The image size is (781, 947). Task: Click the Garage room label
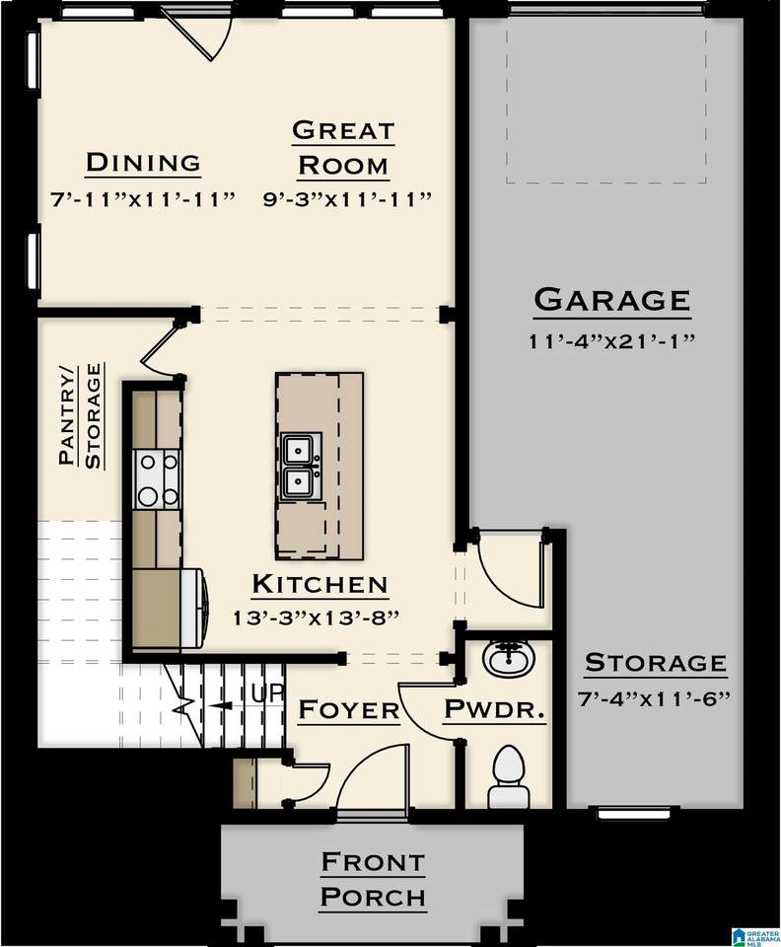pos(612,300)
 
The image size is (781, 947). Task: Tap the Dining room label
pos(143,162)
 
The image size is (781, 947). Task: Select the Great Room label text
pos(343,148)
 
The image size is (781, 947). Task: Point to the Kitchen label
pos(319,584)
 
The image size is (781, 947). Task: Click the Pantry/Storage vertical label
pos(80,415)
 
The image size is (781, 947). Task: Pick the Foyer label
pos(349,709)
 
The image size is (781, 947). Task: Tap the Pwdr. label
pos(495,709)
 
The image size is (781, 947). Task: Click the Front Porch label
pos(373,879)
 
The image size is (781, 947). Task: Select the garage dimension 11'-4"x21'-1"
pos(612,341)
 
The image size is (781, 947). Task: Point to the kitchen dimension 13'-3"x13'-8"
pos(317,618)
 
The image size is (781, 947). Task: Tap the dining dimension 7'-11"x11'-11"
pos(142,199)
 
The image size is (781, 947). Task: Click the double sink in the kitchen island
pos(301,466)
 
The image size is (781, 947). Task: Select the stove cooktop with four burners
pos(157,480)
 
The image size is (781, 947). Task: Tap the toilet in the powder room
pos(508,777)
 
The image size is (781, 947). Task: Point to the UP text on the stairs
pos(266,693)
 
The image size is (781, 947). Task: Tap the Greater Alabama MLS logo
pos(755,933)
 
